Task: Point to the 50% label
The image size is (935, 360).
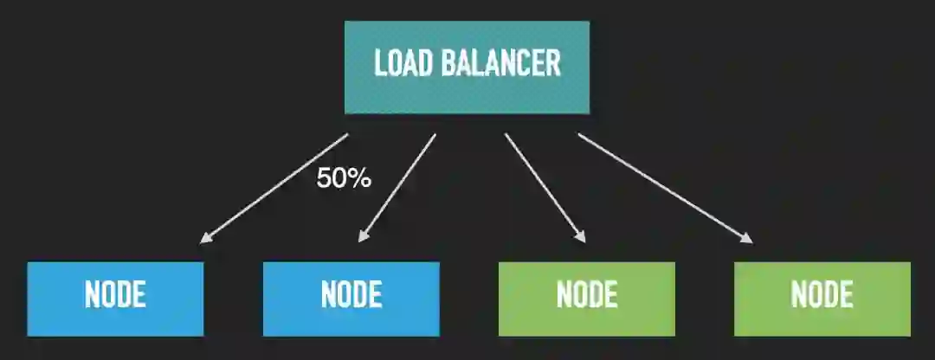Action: pyautogui.click(x=344, y=179)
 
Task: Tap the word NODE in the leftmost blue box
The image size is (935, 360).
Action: pyautogui.click(x=115, y=296)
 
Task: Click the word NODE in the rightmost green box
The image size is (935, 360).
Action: pyautogui.click(x=822, y=296)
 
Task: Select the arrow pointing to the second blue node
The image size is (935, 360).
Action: pyautogui.click(x=398, y=186)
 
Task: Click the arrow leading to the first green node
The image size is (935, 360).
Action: pyautogui.click(x=544, y=186)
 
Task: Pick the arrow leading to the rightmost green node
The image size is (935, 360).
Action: pyautogui.click(x=662, y=186)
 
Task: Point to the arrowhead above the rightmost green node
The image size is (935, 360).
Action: pyautogui.click(x=746, y=239)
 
